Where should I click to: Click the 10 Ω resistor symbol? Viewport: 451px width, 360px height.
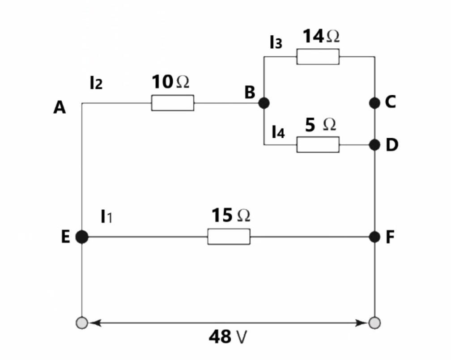pos(173,103)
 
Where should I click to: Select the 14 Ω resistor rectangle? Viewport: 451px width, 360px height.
pos(318,57)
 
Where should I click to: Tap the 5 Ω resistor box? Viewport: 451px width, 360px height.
pos(318,144)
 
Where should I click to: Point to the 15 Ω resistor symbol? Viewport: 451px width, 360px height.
pos(229,237)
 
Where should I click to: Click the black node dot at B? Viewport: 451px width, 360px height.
pos(264,103)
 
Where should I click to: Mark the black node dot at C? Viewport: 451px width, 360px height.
pos(375,103)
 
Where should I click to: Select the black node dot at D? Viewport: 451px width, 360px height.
pos(375,144)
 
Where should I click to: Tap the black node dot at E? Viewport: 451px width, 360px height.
pos(81,237)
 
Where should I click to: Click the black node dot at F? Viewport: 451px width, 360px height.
pos(375,237)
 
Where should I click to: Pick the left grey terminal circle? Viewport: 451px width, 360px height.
pos(81,322)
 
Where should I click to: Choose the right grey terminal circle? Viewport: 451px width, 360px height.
pos(375,322)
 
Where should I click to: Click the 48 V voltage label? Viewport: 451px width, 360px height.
pos(228,337)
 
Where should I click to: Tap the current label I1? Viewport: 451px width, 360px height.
pos(107,217)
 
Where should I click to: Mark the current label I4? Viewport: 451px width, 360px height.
pos(278,132)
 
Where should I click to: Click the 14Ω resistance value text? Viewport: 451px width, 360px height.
pos(321,36)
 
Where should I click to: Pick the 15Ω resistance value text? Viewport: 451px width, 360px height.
pos(230,216)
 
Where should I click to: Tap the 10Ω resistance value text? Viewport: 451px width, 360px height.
pos(170,82)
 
